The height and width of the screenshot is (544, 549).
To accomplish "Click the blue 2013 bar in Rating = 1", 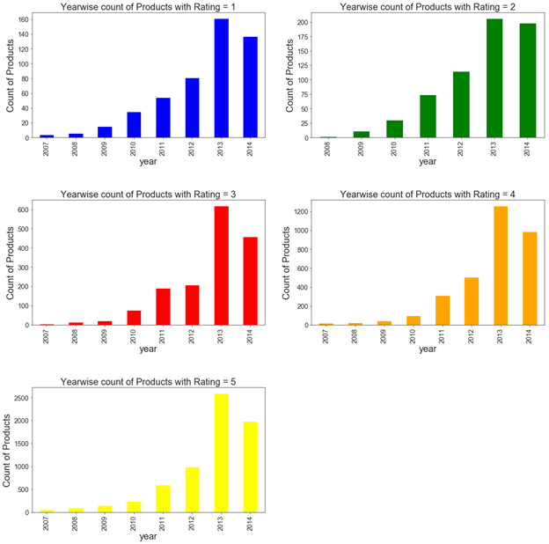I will [x=222, y=79].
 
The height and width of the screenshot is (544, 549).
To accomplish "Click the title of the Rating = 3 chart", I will [x=150, y=194].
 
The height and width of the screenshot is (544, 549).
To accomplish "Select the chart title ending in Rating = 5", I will [x=150, y=381].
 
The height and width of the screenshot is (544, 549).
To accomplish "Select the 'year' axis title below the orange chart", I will [x=428, y=349].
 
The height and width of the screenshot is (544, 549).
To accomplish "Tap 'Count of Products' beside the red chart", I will [x=11, y=264].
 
